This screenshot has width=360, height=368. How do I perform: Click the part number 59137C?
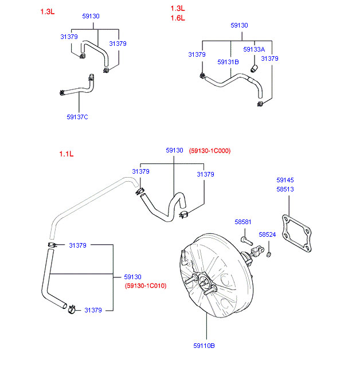[77, 117]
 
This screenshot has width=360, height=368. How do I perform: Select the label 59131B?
[228, 62]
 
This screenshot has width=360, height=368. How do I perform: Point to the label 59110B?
[204, 345]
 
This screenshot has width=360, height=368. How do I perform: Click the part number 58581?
[242, 222]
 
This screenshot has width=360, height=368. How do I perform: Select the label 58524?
[267, 234]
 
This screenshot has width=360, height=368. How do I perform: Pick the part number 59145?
[285, 179]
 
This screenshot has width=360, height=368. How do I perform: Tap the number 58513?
[285, 188]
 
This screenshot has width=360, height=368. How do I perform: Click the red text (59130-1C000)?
[209, 151]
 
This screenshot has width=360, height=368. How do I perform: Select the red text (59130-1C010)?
[145, 285]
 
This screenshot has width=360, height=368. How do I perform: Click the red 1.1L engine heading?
[66, 154]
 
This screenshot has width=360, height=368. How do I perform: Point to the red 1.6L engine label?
[178, 18]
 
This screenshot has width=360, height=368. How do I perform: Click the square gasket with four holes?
[298, 233]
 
